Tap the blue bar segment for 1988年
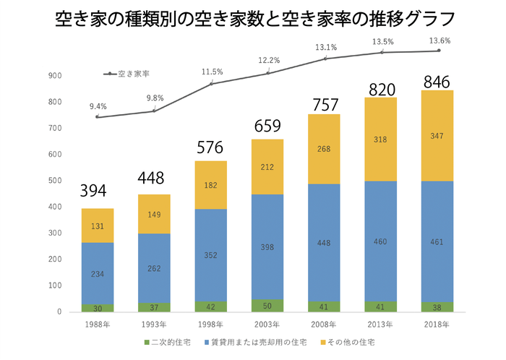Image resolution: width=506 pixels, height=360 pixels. click(x=97, y=273)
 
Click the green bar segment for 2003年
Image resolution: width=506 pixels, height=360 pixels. click(x=267, y=305)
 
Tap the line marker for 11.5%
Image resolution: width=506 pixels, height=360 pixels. click(x=210, y=84)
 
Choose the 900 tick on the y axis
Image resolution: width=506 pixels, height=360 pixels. click(x=55, y=76)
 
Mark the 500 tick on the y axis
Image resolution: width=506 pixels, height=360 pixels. click(x=55, y=181)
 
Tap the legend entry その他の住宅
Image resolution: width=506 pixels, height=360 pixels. click(x=351, y=341)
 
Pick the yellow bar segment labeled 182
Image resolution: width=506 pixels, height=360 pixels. click(x=210, y=186)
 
